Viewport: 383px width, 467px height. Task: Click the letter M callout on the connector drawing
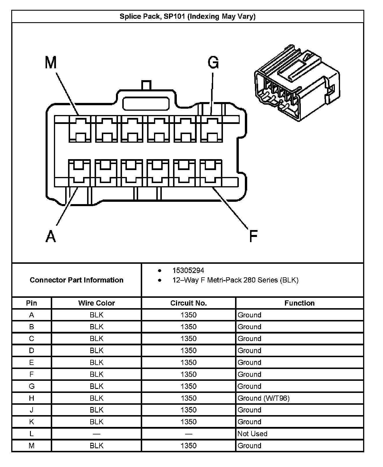(51, 63)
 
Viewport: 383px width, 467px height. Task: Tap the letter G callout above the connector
(213, 63)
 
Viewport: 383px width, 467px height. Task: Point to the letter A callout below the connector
(51, 236)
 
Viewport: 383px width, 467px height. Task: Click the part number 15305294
(188, 270)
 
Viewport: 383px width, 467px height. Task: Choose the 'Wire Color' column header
(96, 303)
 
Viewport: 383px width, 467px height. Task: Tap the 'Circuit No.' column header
(188, 303)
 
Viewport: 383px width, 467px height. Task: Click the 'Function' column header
(299, 303)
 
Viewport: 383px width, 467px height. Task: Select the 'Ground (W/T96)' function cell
(263, 398)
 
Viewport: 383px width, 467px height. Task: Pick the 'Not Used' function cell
(252, 434)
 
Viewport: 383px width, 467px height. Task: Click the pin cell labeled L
(31, 434)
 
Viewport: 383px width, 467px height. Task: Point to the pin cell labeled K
(31, 422)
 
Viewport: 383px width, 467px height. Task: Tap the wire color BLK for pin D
(96, 351)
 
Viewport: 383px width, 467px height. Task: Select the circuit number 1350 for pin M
(188, 445)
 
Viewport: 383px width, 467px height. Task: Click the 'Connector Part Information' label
(76, 280)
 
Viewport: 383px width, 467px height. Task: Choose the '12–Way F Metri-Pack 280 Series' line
(235, 280)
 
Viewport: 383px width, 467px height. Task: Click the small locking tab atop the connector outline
(146, 85)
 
